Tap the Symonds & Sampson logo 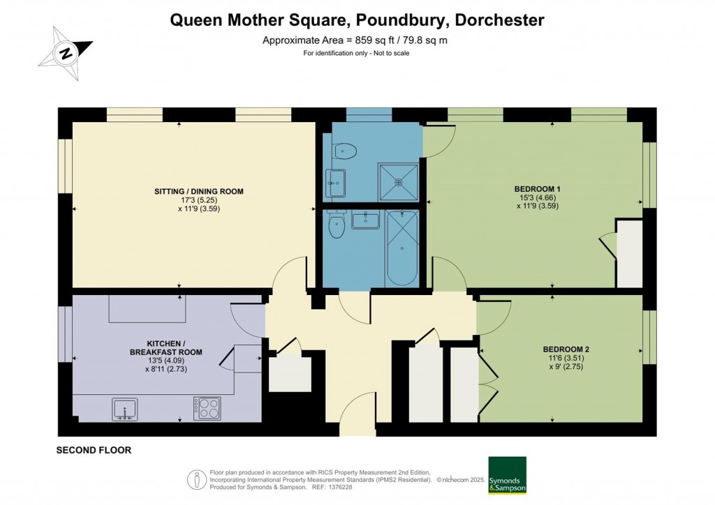(x=507, y=475)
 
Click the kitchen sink (x=125, y=409)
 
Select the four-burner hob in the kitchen (x=207, y=408)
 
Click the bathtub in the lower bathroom (x=401, y=247)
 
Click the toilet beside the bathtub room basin (x=337, y=225)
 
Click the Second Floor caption (x=94, y=451)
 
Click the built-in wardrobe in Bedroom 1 (x=629, y=255)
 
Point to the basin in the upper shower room (x=335, y=183)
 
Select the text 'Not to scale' (x=387, y=53)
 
